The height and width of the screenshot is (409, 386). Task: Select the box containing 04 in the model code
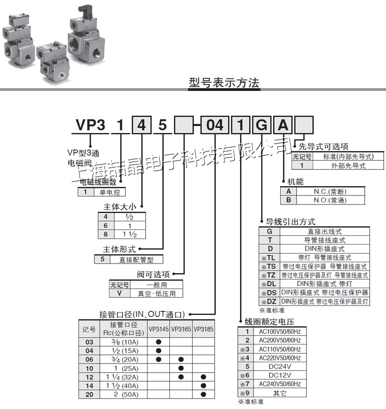tap(215, 125)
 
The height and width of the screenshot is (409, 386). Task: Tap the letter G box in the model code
tap(262, 125)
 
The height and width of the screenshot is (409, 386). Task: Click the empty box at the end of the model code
tap(304, 125)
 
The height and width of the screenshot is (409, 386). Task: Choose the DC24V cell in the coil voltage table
tap(280, 366)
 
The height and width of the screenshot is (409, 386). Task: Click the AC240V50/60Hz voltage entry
tap(280, 384)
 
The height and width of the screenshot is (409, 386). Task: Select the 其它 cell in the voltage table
tap(280, 393)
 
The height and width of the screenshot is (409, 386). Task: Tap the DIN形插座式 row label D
tap(270, 249)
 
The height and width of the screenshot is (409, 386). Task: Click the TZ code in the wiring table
tap(271, 275)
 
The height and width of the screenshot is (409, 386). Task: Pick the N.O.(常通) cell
tap(330, 200)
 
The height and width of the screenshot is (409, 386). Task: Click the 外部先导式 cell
tap(348, 165)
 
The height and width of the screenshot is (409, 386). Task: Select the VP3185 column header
tap(203, 329)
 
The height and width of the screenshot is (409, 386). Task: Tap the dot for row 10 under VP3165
tap(181, 368)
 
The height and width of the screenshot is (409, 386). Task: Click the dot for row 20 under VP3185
tap(203, 394)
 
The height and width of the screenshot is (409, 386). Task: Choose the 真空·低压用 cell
tap(156, 294)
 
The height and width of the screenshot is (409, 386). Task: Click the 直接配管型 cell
tap(136, 259)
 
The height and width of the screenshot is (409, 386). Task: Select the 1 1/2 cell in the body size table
tap(129, 234)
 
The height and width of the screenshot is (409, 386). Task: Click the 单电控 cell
tap(109, 192)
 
